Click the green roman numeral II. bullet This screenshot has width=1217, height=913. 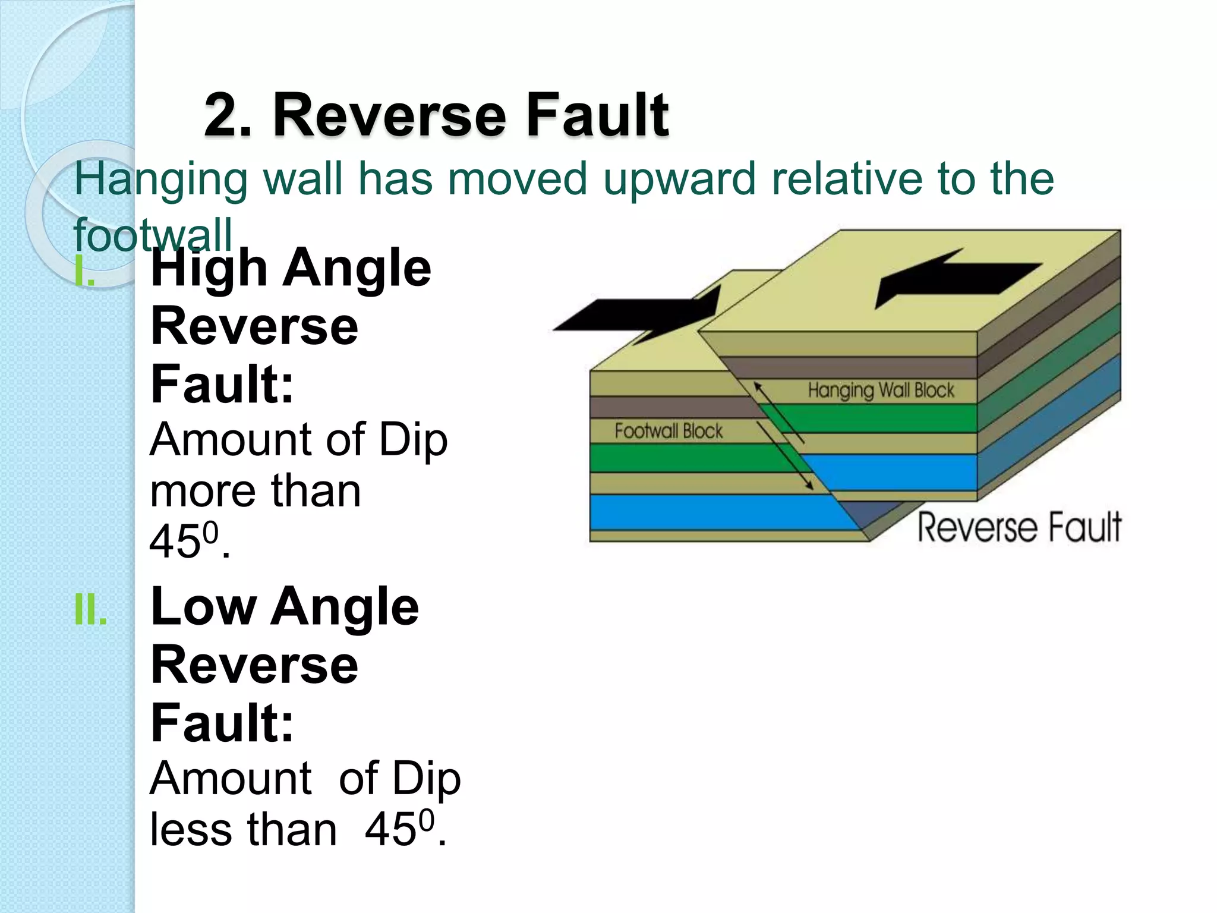coord(91,610)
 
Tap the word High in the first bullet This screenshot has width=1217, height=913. coord(209,268)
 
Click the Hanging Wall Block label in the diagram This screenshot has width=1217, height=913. coord(881,390)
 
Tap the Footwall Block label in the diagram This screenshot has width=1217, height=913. coord(669,430)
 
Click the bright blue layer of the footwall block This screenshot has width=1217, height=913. coord(713,511)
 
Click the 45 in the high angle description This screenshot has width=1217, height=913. coord(175,541)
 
